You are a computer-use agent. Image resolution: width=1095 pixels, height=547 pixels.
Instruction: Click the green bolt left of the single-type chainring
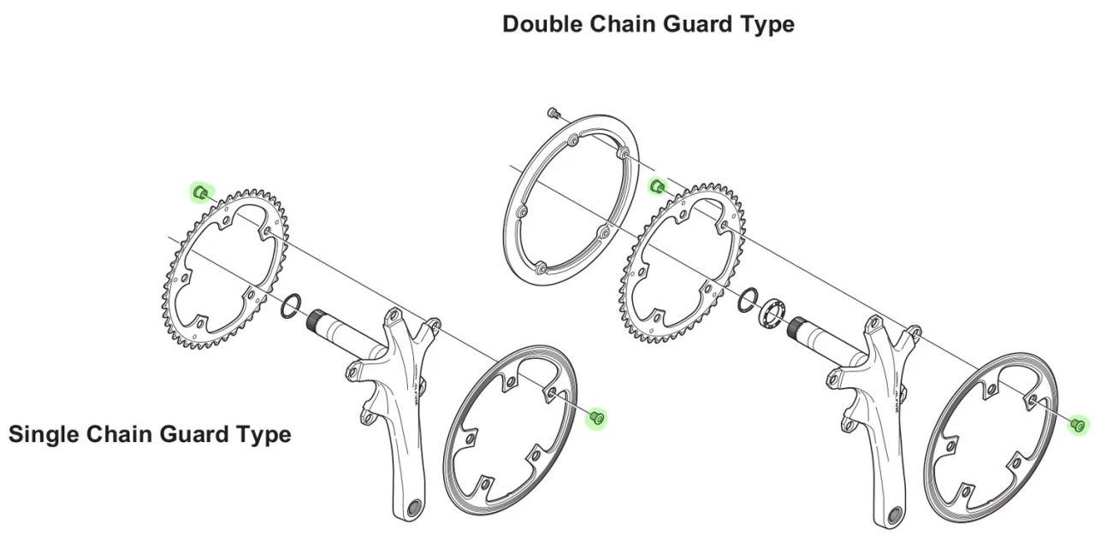coord(200,192)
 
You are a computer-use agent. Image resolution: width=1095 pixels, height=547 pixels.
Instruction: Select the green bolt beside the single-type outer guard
coord(597,417)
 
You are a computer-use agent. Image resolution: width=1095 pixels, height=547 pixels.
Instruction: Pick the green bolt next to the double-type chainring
coord(658,186)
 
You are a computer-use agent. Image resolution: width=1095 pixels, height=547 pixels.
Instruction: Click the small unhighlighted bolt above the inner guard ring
coord(553,112)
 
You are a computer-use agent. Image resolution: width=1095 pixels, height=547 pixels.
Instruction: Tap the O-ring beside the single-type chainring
coord(291,303)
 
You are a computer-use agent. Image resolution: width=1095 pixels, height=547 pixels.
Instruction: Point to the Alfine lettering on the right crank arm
coord(897,395)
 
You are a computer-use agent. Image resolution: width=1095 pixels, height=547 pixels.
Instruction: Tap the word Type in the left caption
coord(263,434)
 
